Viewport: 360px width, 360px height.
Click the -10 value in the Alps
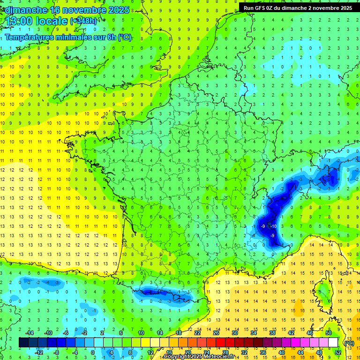(x=273, y=226)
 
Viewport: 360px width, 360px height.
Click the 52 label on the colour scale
(x=337, y=352)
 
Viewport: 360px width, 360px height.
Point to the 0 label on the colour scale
(x=93, y=352)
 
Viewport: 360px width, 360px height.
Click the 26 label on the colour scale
(x=216, y=332)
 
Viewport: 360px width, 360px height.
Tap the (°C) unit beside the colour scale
(x=349, y=343)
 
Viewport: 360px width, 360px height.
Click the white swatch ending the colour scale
(x=333, y=342)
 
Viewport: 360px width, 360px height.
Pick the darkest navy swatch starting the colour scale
(x=24, y=342)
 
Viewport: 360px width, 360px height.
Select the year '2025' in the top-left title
(x=120, y=10)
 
